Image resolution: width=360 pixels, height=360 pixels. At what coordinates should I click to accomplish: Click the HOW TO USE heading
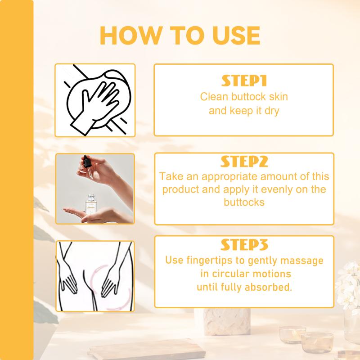point(180,36)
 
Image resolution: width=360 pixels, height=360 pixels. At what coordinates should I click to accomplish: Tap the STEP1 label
point(244,81)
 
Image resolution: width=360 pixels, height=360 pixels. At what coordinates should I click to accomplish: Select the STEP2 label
point(244,162)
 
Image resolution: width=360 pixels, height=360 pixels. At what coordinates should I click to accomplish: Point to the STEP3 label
point(244,244)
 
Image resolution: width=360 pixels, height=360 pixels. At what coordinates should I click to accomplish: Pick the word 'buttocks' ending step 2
point(244,202)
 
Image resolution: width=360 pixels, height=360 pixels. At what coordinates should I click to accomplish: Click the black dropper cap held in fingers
point(86,161)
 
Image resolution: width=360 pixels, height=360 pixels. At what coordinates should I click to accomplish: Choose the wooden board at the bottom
point(147,349)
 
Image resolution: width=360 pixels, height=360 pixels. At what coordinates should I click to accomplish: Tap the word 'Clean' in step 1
point(215,97)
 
